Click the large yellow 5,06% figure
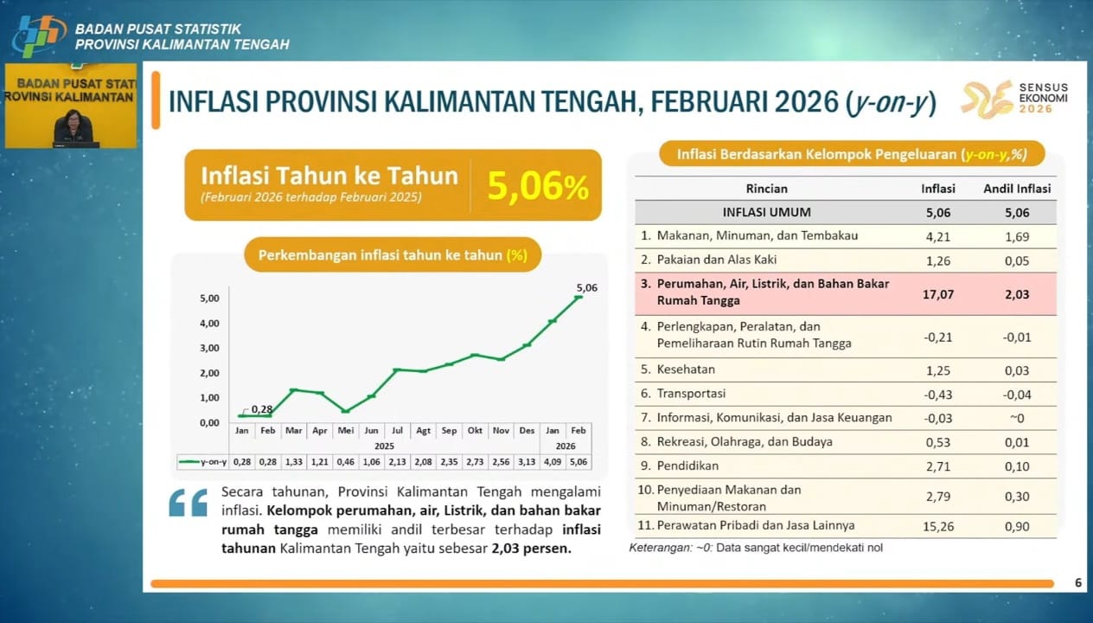coord(538,186)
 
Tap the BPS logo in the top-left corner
coord(38,35)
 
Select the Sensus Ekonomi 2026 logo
coord(1014,98)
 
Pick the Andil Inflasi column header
coord(1017,189)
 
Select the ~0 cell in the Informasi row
coord(1017,418)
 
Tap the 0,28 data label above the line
coord(262,408)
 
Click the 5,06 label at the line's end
coord(586,287)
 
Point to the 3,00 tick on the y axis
coord(209,348)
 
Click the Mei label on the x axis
coord(345,430)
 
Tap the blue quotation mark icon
coord(188,503)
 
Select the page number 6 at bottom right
coord(1077,583)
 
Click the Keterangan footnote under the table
coord(756,548)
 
